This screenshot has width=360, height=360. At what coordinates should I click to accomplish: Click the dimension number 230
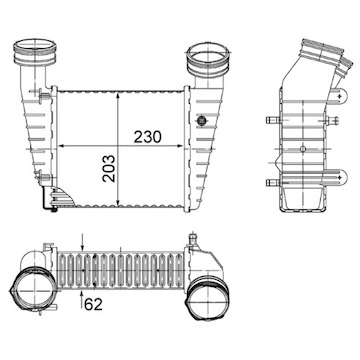pos(147,137)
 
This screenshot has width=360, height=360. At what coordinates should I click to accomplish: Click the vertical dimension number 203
pos(109,168)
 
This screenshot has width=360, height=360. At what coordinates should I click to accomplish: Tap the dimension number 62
pos(93,304)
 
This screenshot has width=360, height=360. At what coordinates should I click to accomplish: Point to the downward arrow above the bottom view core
pos(83,242)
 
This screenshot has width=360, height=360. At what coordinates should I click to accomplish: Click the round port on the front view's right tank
pos(202,120)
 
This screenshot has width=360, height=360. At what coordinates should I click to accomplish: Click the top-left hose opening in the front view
pos(35,52)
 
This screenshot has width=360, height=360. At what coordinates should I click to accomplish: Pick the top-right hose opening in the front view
pos(208,59)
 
